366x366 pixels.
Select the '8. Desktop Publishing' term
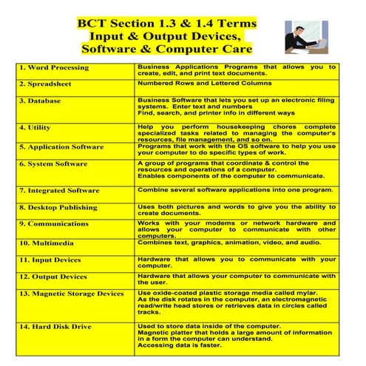pos(58,208)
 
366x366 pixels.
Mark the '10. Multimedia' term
pos(49,243)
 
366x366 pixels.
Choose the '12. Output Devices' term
pos(52,277)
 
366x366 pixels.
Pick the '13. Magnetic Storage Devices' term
pos(72,294)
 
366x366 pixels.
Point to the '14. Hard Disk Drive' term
pos(55,326)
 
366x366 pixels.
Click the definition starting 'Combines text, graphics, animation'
pos(229,242)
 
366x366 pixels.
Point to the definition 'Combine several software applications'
pos(234,190)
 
